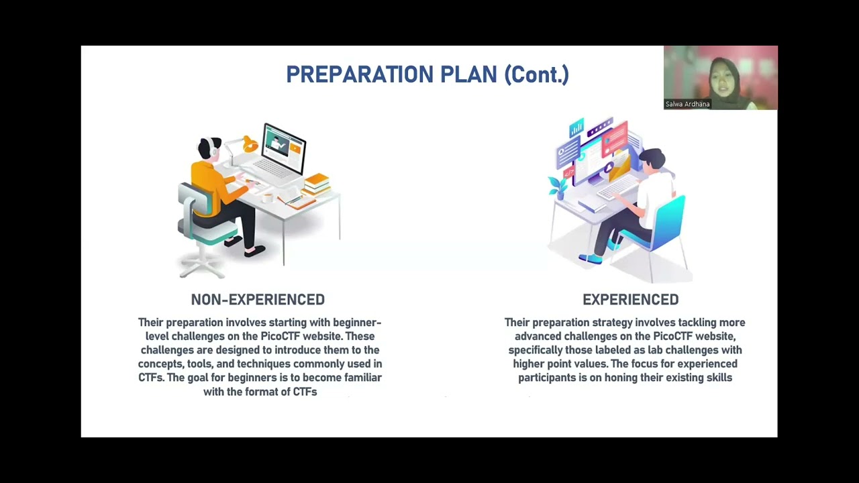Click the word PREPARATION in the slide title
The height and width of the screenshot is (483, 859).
pyautogui.click(x=358, y=74)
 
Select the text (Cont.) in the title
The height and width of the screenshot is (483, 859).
pyautogui.click(x=536, y=74)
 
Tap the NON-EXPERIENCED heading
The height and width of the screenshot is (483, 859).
pyautogui.click(x=258, y=300)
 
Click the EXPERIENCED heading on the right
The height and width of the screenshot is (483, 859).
pyautogui.click(x=630, y=300)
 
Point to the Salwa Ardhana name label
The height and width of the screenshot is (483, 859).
pyautogui.click(x=687, y=104)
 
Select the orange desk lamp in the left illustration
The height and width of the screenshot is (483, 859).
pyautogui.click(x=249, y=143)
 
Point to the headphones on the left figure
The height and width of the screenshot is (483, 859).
pyautogui.click(x=214, y=149)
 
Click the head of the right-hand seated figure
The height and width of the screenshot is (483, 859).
pyautogui.click(x=651, y=159)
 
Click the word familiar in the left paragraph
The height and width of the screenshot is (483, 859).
pyautogui.click(x=359, y=378)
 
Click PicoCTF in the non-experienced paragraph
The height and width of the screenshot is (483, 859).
pyautogui.click(x=280, y=336)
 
